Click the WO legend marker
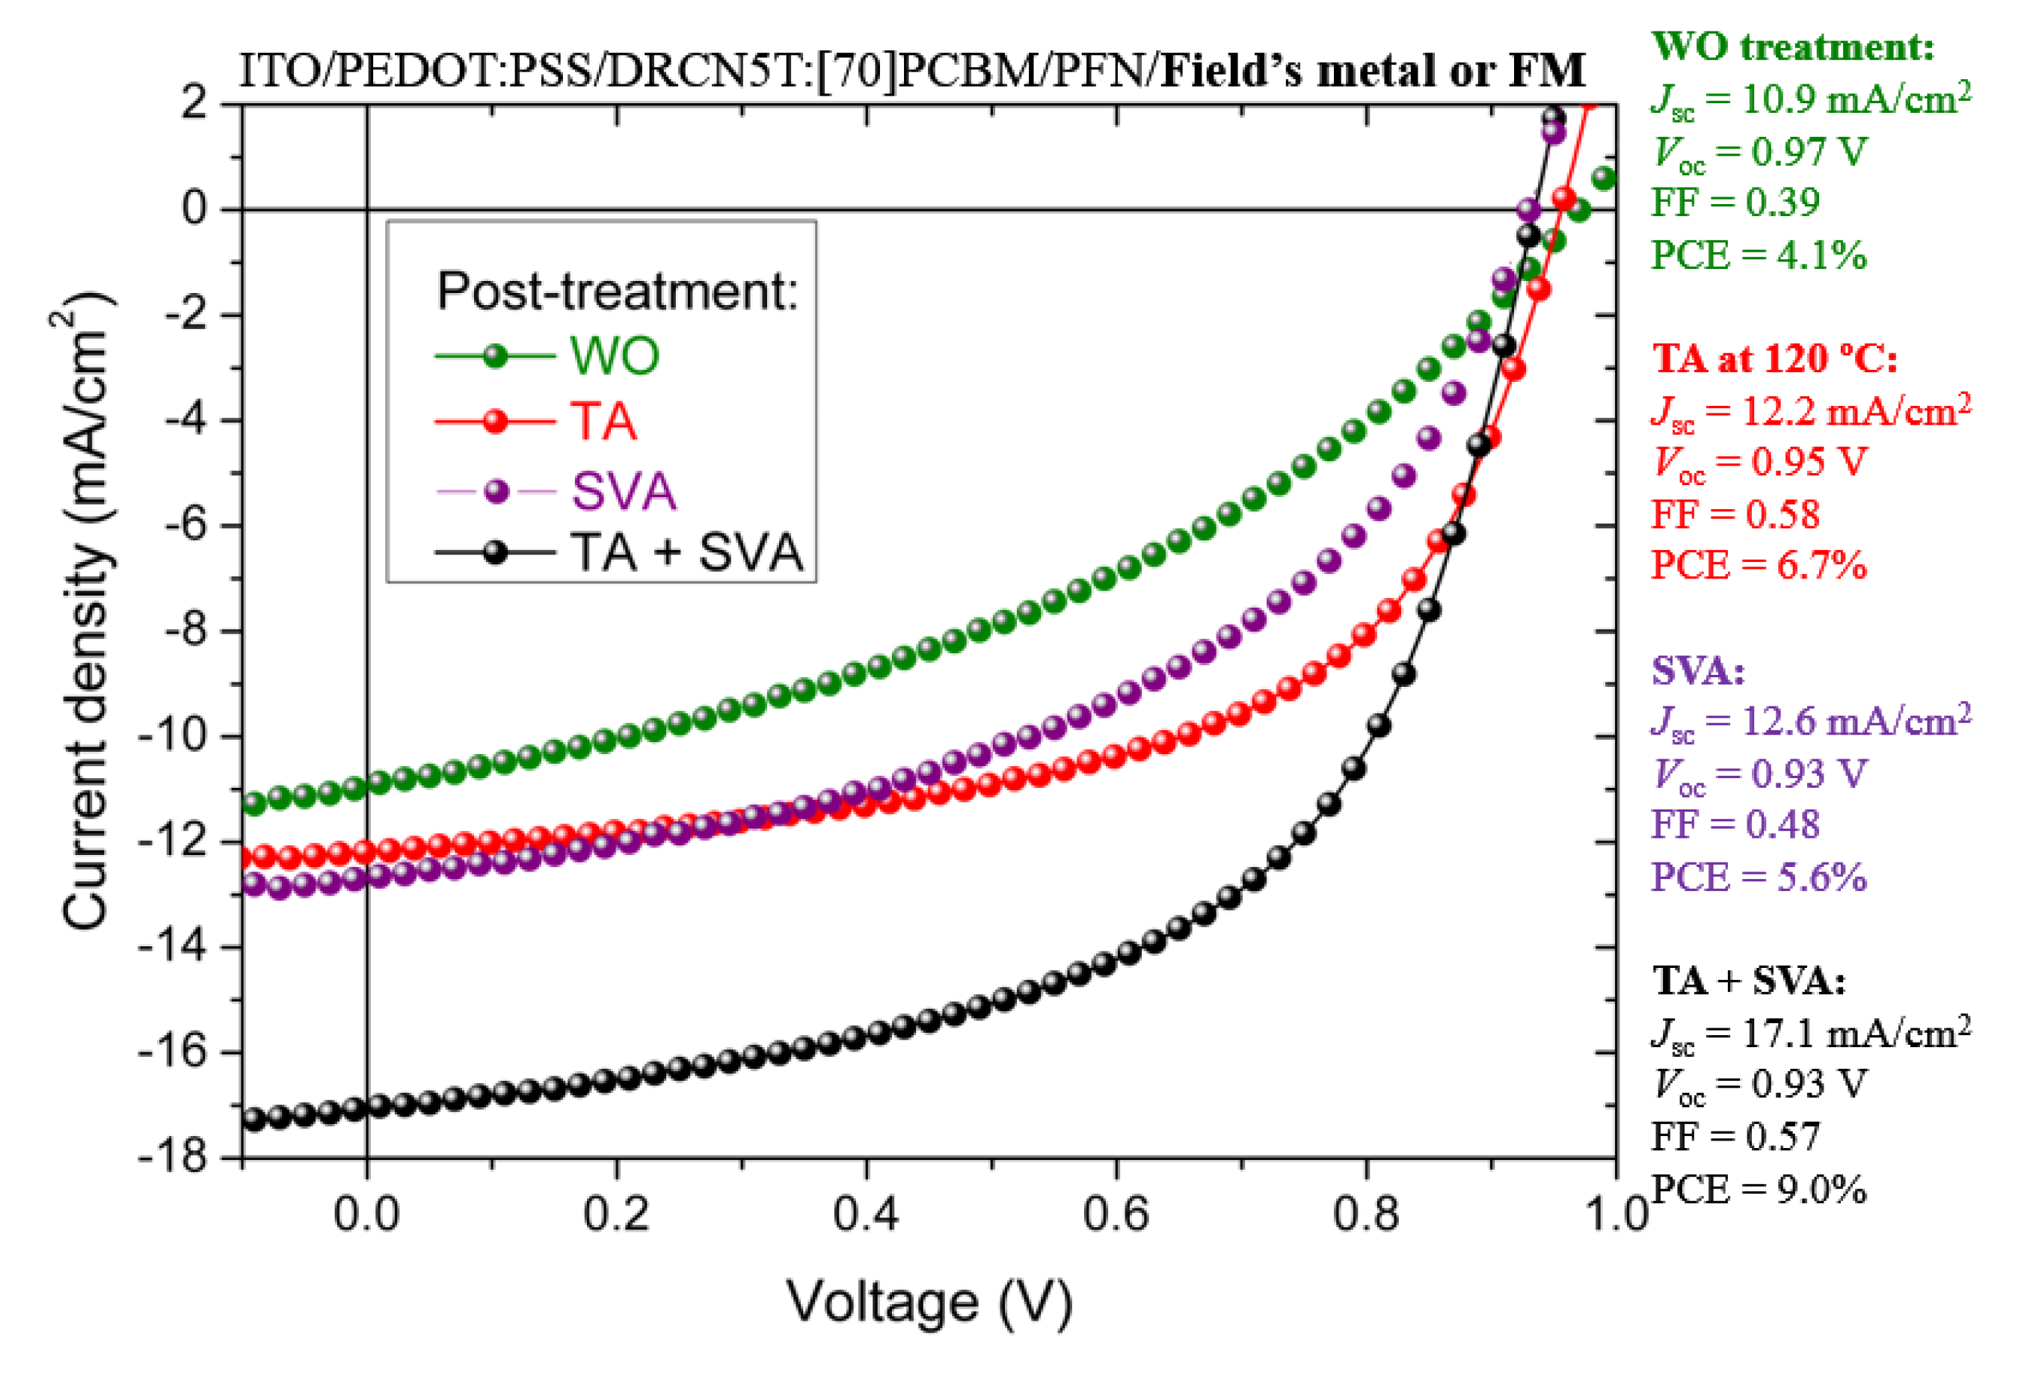495,356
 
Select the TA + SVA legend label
686,553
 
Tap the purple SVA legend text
623,491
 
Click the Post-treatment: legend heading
617,291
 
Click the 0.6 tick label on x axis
1116,1213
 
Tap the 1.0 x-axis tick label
1617,1213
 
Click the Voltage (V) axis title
929,1303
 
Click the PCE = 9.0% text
1759,1189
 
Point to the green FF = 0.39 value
1735,202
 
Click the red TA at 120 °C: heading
1774,358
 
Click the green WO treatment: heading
1792,46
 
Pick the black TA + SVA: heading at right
1748,981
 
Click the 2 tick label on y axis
194,104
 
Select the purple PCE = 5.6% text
1759,877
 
